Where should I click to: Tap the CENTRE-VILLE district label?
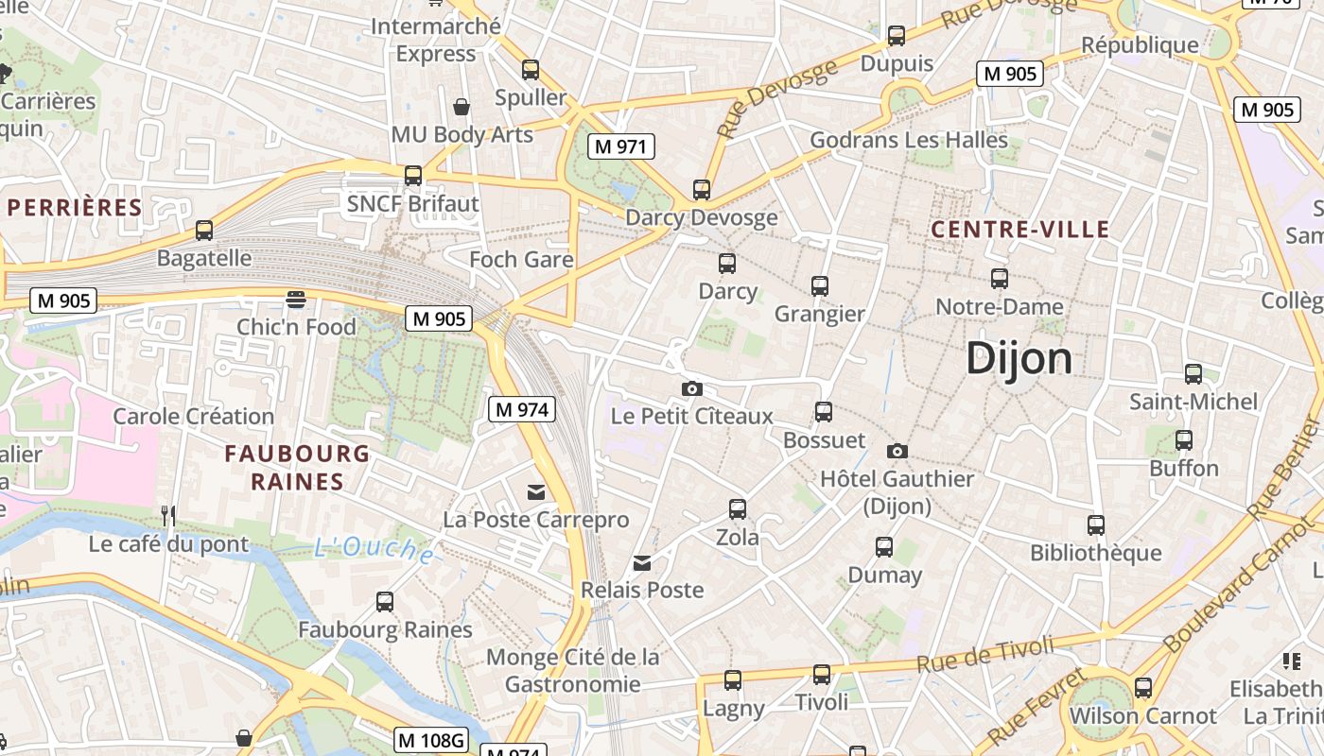(x=1019, y=230)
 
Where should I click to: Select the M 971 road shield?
(x=620, y=146)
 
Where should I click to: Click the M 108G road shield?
(x=431, y=740)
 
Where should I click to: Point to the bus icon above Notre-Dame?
(x=999, y=279)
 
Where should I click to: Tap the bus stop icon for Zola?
(x=738, y=509)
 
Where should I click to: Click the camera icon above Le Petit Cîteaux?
(x=692, y=388)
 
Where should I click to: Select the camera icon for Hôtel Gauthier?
(x=897, y=451)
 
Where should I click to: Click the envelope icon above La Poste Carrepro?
(x=536, y=491)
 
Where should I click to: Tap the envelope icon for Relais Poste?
(x=642, y=563)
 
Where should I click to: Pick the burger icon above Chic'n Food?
(x=296, y=300)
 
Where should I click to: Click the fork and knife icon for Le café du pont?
(x=168, y=515)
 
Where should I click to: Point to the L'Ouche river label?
(x=374, y=549)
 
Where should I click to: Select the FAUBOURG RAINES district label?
(x=297, y=468)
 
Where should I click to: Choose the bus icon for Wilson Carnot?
(x=1142, y=687)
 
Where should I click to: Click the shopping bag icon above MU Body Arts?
(x=462, y=107)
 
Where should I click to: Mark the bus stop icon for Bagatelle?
(x=204, y=230)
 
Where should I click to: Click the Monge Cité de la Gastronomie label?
(x=572, y=670)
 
